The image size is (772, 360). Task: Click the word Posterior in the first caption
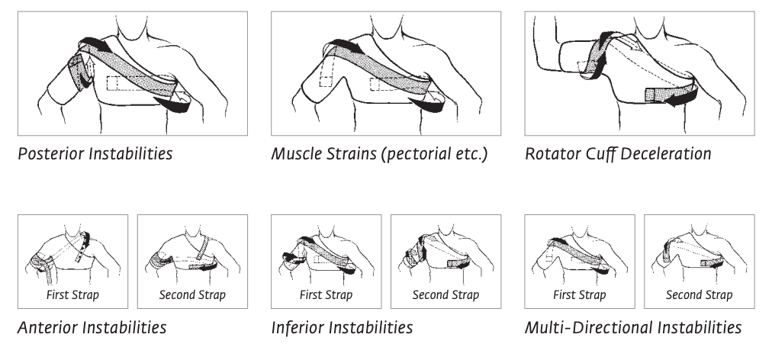(x=47, y=154)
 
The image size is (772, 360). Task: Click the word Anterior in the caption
(x=46, y=329)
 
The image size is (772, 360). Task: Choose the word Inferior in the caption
(x=298, y=329)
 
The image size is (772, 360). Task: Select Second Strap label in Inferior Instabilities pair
(x=445, y=295)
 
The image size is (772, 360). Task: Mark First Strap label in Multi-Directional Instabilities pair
(x=580, y=295)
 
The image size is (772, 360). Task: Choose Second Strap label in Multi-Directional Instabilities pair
(x=699, y=295)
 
